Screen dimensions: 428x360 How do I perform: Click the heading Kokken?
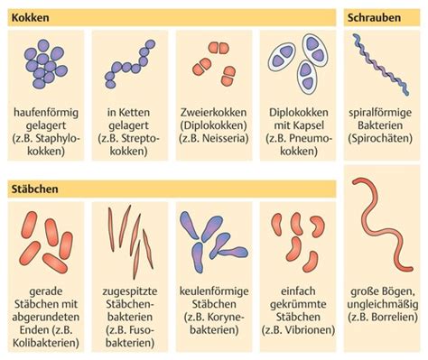click(30, 17)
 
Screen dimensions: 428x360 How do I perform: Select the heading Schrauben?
click(374, 17)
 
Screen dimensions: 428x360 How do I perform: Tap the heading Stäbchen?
click(34, 189)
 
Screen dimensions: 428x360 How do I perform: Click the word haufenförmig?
click(46, 113)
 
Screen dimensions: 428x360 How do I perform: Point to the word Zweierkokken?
click(213, 113)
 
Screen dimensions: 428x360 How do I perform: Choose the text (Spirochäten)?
click(380, 138)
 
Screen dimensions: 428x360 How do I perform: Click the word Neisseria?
click(224, 138)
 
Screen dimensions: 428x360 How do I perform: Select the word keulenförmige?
click(214, 291)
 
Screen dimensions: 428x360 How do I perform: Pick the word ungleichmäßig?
click(383, 304)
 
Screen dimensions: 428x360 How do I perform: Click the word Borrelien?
click(393, 318)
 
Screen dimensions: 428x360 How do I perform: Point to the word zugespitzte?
click(130, 291)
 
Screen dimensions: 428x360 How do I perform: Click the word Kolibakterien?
click(46, 343)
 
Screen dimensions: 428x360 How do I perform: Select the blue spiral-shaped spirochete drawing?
click(380, 65)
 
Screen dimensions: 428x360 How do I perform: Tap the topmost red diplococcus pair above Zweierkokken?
click(219, 48)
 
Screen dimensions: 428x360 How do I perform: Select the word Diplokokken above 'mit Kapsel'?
click(299, 113)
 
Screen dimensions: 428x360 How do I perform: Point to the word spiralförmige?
click(380, 113)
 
